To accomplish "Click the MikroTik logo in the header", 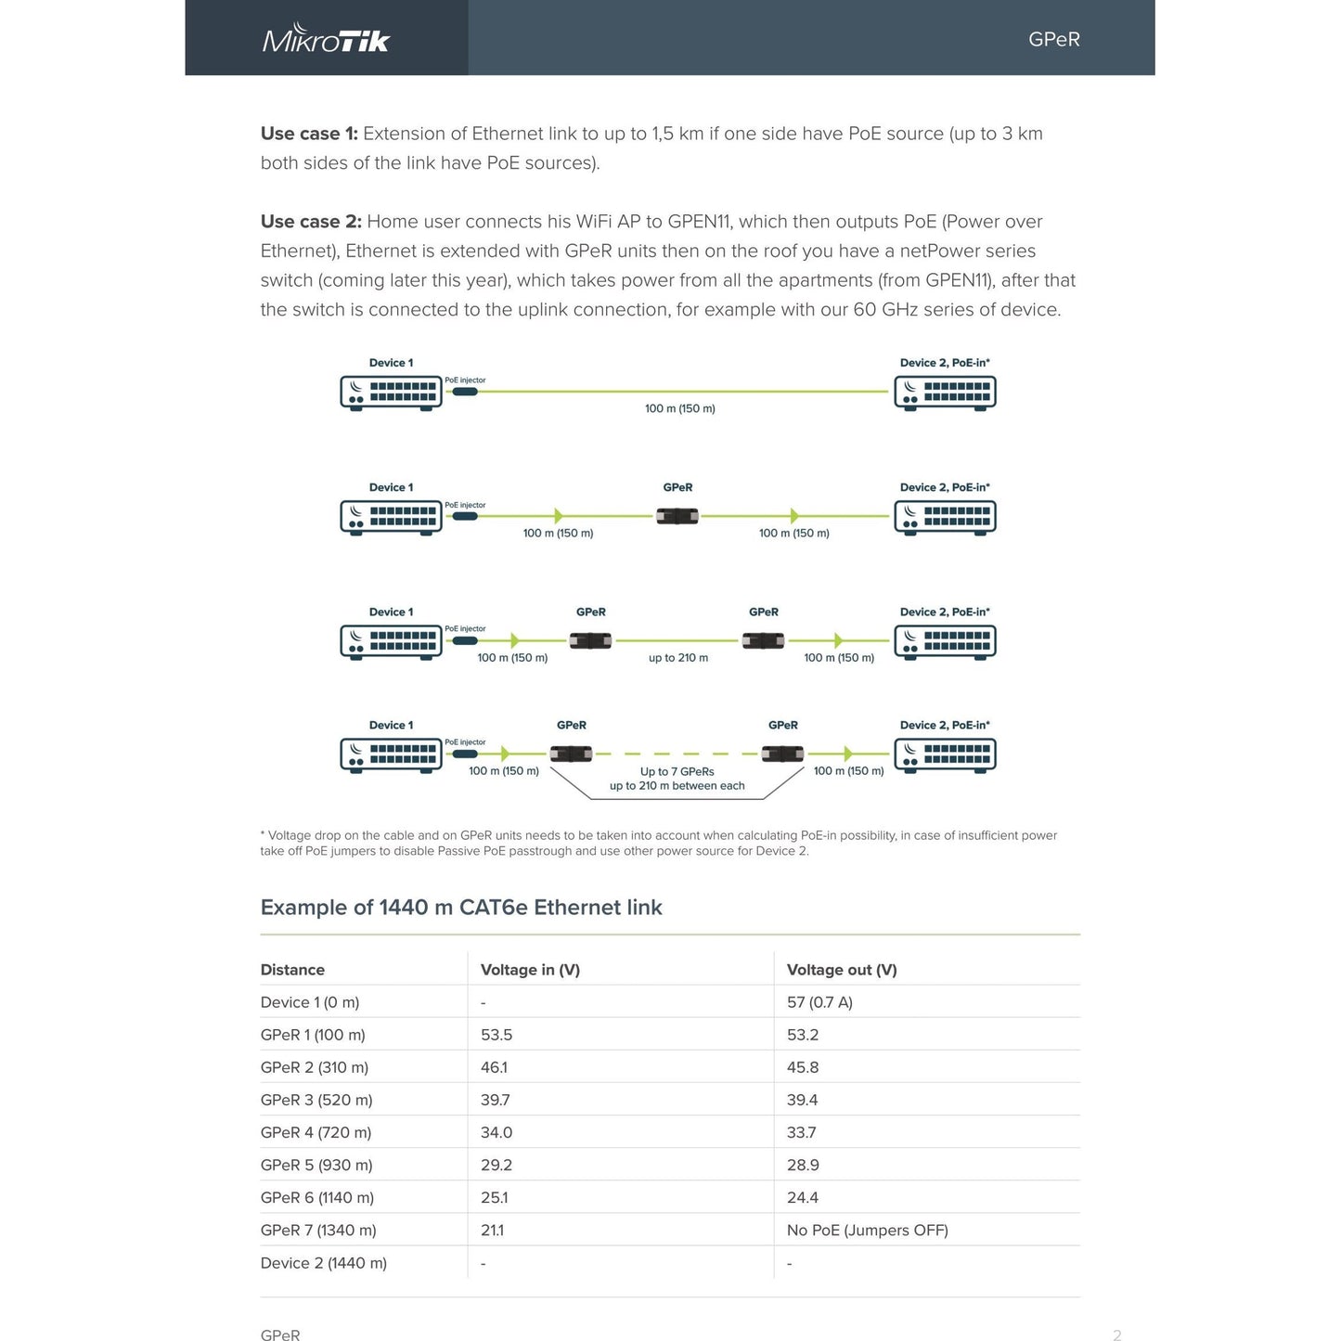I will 326,39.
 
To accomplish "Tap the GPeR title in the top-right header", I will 1053,39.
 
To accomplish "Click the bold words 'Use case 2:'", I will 311,222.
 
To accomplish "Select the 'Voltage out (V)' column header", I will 841,970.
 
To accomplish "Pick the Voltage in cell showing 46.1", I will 496,1067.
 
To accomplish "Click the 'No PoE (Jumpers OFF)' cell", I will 867,1231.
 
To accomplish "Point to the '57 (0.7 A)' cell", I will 819,1002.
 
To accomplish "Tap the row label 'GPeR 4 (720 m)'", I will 316,1132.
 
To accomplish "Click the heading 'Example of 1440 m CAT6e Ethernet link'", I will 461,908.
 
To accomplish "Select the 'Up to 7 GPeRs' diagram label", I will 677,771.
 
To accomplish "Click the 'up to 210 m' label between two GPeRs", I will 677,658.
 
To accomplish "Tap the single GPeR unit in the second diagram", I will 677,516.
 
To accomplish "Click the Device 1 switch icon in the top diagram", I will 391,393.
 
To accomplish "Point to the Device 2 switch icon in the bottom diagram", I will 945,754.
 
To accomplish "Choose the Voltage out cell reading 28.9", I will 803,1165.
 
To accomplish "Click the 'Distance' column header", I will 292,970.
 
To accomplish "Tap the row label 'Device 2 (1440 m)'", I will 323,1263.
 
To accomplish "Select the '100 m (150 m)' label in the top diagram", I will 679,408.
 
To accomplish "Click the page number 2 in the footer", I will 1116,1335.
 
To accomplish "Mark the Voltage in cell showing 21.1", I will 492,1231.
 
